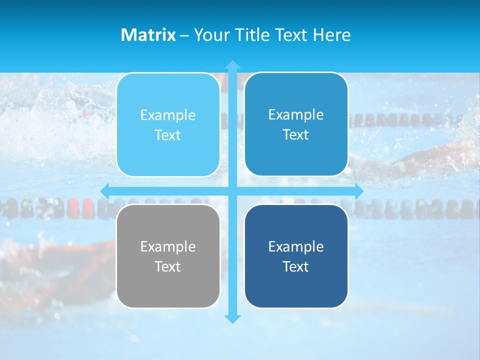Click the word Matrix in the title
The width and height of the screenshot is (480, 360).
pos(148,35)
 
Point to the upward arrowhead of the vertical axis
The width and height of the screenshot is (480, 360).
pos(232,65)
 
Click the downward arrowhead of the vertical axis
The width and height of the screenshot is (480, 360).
pos(232,318)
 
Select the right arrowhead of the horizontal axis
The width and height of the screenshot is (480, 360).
pos(358,191)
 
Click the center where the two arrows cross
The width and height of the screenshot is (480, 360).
pos(232,191)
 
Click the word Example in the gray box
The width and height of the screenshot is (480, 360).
pos(168,246)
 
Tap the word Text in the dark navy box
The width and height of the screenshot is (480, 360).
pos(296,266)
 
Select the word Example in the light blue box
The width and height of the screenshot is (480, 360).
pos(168,115)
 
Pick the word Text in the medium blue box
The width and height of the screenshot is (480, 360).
pos(296,134)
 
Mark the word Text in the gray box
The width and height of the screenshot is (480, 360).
pos(168,266)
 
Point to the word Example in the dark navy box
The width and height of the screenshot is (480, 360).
pos(296,246)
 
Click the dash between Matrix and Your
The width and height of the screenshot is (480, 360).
pos(184,35)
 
